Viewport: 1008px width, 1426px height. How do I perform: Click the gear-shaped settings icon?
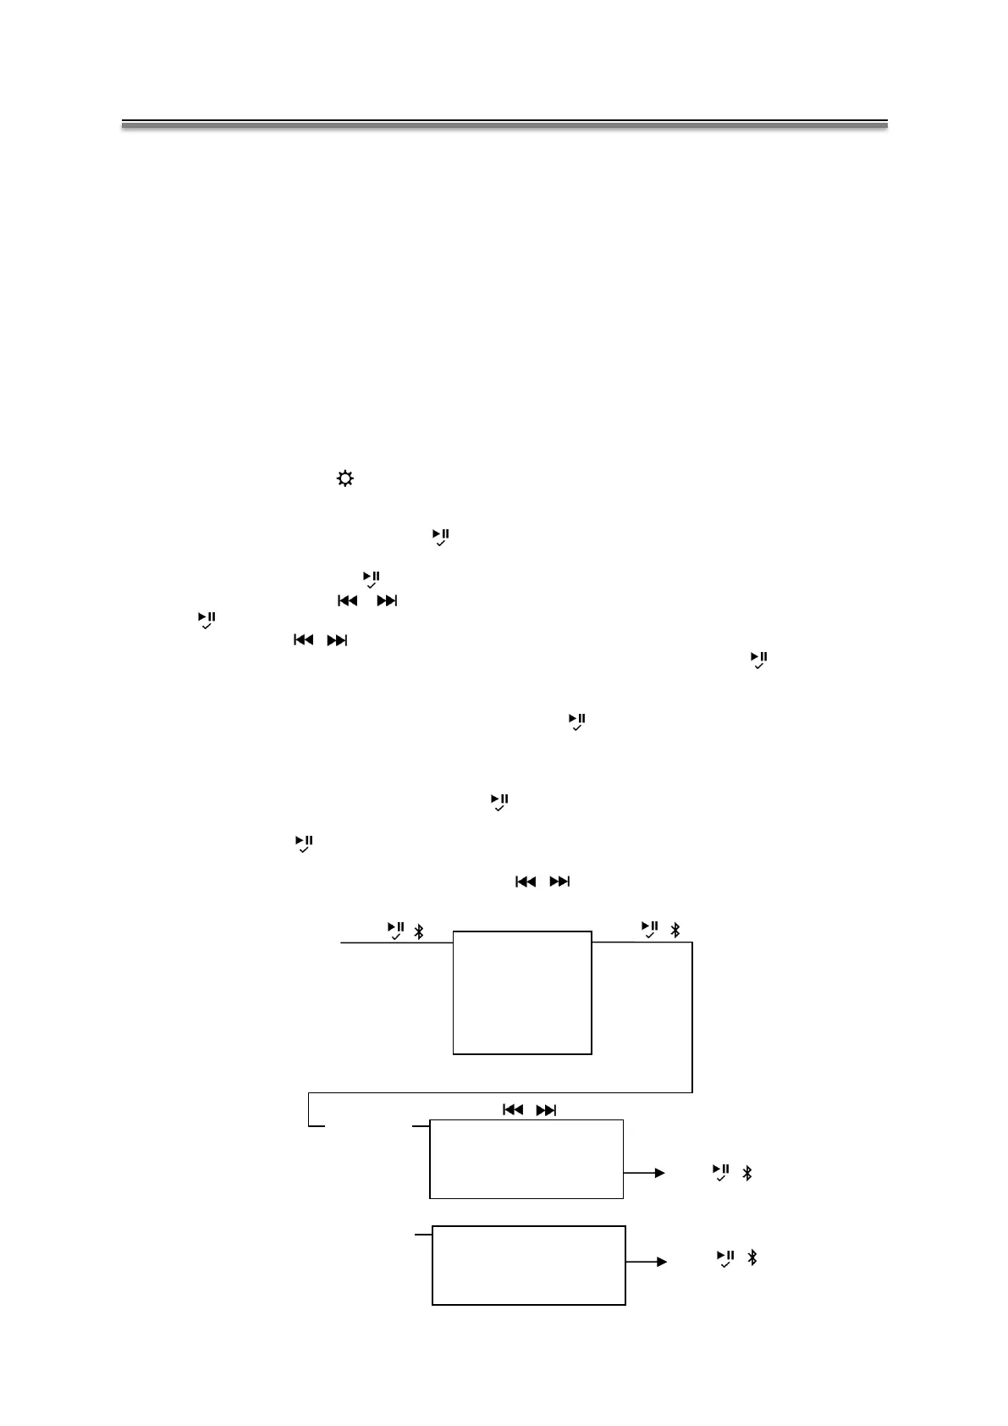coord(344,479)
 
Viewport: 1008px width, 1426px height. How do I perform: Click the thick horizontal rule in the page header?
coord(504,124)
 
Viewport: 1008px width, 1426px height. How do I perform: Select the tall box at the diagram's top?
coord(522,992)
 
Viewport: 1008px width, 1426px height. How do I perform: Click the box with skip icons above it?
coord(526,1158)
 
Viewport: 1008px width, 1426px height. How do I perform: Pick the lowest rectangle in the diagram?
coord(529,1264)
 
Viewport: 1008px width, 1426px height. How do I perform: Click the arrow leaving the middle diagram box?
coord(644,1173)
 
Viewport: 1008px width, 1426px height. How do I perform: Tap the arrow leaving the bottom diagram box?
coord(647,1261)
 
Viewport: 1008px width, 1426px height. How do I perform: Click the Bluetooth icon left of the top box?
coord(417,931)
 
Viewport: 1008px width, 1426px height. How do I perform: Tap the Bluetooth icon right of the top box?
coord(675,930)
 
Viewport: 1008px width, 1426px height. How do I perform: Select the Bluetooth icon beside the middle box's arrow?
coord(746,1173)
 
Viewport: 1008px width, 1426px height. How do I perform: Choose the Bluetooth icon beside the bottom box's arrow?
coord(752,1257)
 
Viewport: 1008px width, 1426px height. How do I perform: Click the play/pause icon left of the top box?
coord(395,930)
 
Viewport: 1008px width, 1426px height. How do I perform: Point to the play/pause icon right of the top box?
coord(649,929)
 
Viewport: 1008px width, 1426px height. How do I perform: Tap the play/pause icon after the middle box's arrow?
coord(721,1172)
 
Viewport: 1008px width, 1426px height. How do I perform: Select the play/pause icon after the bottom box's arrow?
coord(725,1257)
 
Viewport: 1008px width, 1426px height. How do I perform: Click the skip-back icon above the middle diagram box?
coord(513,1110)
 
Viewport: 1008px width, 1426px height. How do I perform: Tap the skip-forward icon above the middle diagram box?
coord(547,1110)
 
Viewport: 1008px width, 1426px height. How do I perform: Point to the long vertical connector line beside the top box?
coord(692,1016)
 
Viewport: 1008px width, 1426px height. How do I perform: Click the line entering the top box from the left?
coord(396,942)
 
